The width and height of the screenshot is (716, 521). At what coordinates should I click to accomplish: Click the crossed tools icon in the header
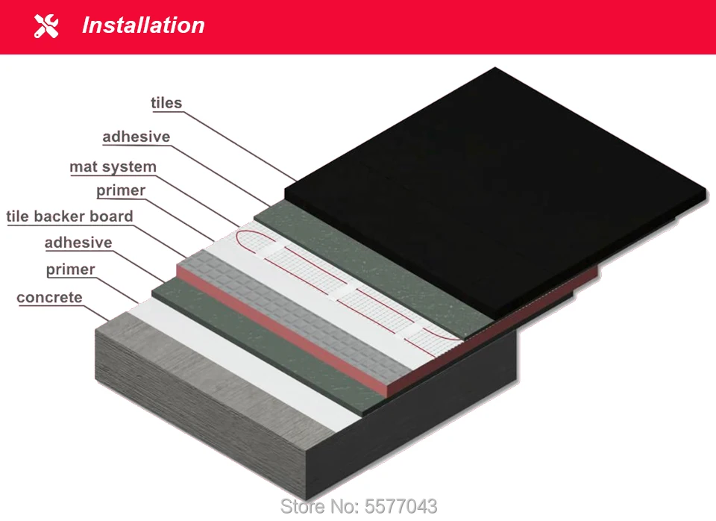(46, 26)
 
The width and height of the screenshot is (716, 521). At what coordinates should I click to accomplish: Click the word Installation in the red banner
(143, 25)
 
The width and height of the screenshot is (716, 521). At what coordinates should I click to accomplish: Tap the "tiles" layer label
(166, 103)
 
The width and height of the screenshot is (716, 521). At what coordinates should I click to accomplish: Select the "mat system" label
(113, 166)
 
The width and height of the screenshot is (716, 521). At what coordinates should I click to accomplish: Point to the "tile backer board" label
(70, 216)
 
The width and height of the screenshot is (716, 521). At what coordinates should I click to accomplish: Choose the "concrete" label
(49, 298)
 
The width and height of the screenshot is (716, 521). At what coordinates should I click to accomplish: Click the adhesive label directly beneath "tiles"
(136, 137)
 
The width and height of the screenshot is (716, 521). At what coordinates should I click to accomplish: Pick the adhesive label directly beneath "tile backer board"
(78, 243)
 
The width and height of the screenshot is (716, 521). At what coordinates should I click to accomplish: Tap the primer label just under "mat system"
(121, 190)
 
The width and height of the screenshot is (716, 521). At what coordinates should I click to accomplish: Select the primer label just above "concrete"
(71, 269)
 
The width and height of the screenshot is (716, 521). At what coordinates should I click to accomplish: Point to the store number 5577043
(359, 506)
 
